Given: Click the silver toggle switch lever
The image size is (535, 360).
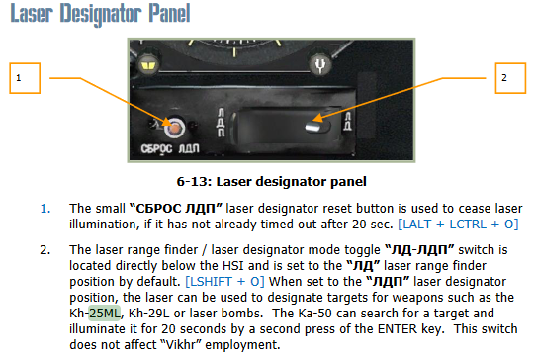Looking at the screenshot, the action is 313,127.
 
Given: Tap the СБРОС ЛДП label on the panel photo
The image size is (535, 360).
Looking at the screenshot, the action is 170,148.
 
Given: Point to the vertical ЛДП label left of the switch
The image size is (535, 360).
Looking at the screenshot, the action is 222,123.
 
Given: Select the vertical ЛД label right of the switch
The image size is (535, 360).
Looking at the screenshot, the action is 347,121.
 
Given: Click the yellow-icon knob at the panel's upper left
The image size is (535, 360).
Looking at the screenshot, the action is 148,64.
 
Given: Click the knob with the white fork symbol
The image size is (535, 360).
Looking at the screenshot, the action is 320,64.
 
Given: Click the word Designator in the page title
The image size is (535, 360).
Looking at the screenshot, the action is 101,14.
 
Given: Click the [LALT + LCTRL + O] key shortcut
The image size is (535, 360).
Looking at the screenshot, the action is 458,225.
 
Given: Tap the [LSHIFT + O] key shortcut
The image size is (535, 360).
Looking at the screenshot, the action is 224,282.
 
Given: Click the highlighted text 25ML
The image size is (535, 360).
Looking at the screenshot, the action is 105,314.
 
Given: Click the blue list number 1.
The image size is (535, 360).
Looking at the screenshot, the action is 45,209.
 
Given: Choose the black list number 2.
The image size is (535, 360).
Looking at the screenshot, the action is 45,250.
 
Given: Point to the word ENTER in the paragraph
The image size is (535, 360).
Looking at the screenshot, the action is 398,329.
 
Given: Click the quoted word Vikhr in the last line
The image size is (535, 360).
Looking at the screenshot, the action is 180,344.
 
